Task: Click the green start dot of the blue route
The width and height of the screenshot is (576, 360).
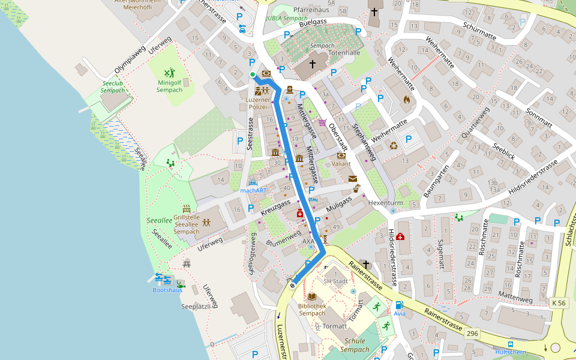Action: pyautogui.click(x=253, y=74)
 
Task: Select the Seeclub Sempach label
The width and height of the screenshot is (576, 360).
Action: pyautogui.click(x=114, y=86)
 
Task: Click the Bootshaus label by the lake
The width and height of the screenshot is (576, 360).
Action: pyautogui.click(x=167, y=290)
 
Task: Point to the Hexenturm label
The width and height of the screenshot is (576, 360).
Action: pyautogui.click(x=385, y=203)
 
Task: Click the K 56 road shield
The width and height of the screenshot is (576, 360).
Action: pyautogui.click(x=557, y=304)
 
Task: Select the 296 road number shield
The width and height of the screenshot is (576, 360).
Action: pyautogui.click(x=472, y=332)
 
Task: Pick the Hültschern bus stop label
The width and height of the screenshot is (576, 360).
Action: pyautogui.click(x=510, y=353)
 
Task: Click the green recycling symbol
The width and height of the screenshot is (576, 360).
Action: pyautogui.click(x=394, y=145)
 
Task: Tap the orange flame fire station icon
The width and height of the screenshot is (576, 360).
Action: pyautogui.click(x=406, y=100)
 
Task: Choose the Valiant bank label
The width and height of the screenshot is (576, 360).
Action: pyautogui.click(x=341, y=163)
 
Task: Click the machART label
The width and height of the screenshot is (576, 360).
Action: pyautogui.click(x=253, y=190)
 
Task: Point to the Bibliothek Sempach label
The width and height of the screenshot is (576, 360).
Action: pyautogui.click(x=311, y=309)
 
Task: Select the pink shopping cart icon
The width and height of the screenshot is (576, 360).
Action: pyautogui.click(x=322, y=122)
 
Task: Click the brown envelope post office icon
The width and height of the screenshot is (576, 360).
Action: pyautogui.click(x=352, y=179)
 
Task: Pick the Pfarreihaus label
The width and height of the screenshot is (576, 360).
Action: pyautogui.click(x=311, y=10)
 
